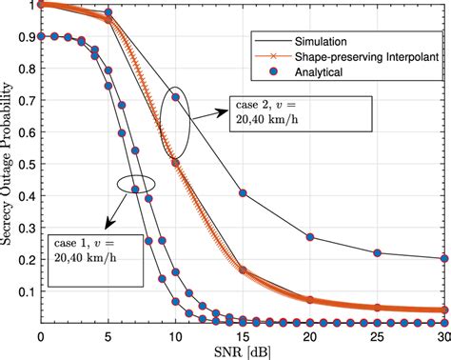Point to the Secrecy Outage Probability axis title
[10, 162]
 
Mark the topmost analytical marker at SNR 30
[443, 258]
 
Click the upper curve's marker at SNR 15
[243, 192]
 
